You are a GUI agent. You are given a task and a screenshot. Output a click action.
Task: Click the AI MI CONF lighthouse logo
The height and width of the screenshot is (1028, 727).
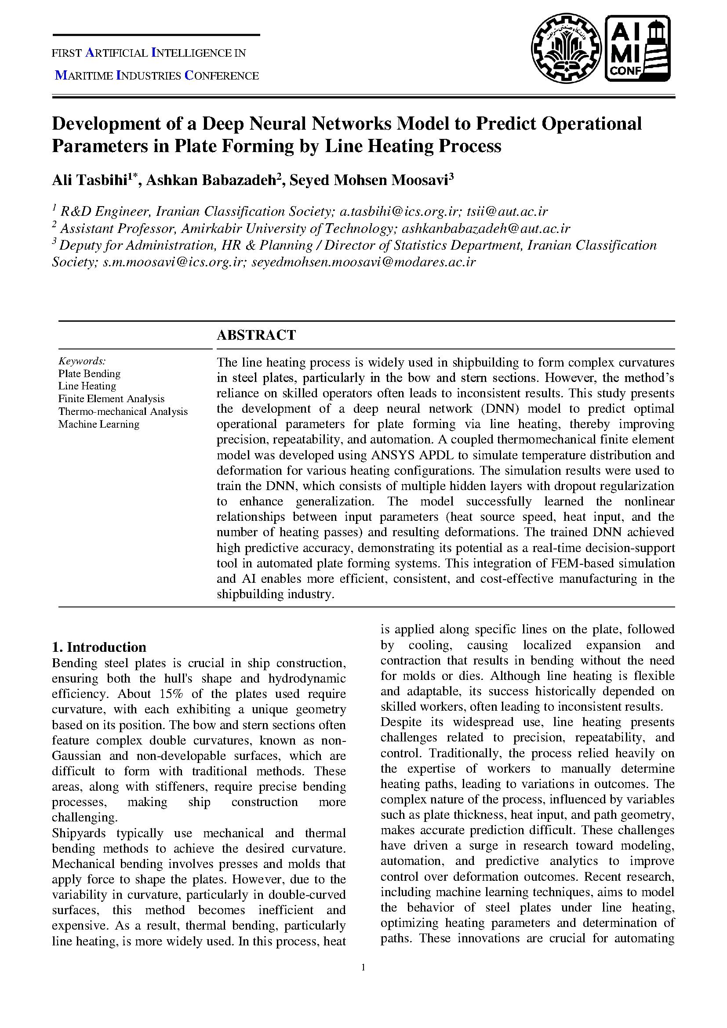point(638,48)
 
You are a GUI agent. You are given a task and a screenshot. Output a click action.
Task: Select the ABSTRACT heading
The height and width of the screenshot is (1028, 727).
point(256,335)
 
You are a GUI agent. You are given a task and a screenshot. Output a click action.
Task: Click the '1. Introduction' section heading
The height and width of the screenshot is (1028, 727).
point(99,647)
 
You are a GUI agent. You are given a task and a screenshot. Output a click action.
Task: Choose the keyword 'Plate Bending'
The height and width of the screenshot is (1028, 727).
point(89,374)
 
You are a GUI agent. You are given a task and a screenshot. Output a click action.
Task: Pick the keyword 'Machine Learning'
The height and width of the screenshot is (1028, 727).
point(98,424)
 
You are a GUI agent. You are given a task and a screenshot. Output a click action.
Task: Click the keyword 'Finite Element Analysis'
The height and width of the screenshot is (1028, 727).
point(111,399)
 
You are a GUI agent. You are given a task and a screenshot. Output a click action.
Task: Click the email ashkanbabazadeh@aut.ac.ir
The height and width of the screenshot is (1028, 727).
point(486,229)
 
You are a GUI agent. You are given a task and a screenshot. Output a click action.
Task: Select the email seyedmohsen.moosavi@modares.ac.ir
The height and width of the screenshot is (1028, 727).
point(363,262)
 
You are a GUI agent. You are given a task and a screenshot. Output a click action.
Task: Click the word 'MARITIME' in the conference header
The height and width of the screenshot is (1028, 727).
point(83,76)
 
